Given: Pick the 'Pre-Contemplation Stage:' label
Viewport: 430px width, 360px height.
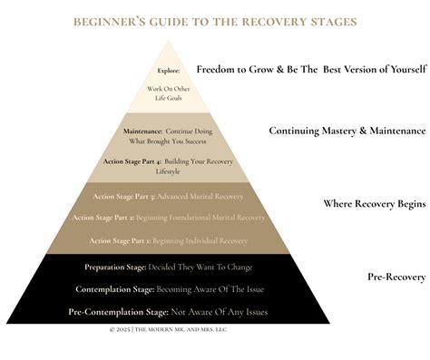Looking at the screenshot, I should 113,312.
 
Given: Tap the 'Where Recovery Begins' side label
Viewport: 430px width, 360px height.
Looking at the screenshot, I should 374,203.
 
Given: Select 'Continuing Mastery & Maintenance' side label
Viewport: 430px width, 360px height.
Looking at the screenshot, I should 347,131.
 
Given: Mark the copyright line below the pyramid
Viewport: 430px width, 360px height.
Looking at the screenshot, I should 170,330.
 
